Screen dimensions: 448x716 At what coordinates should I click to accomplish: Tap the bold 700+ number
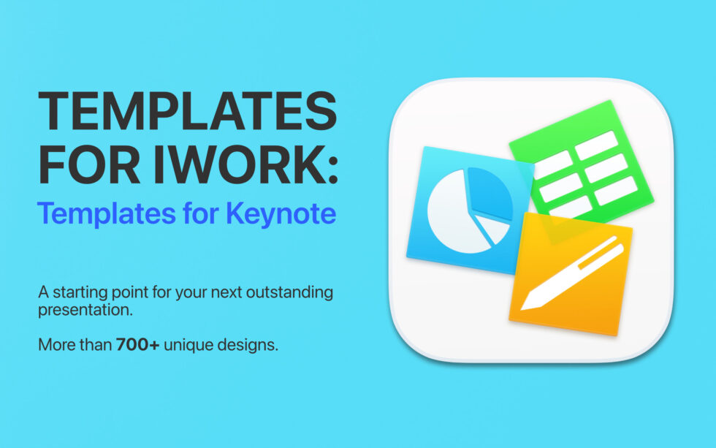pos(138,344)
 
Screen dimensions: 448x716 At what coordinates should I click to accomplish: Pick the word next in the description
pos(223,293)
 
